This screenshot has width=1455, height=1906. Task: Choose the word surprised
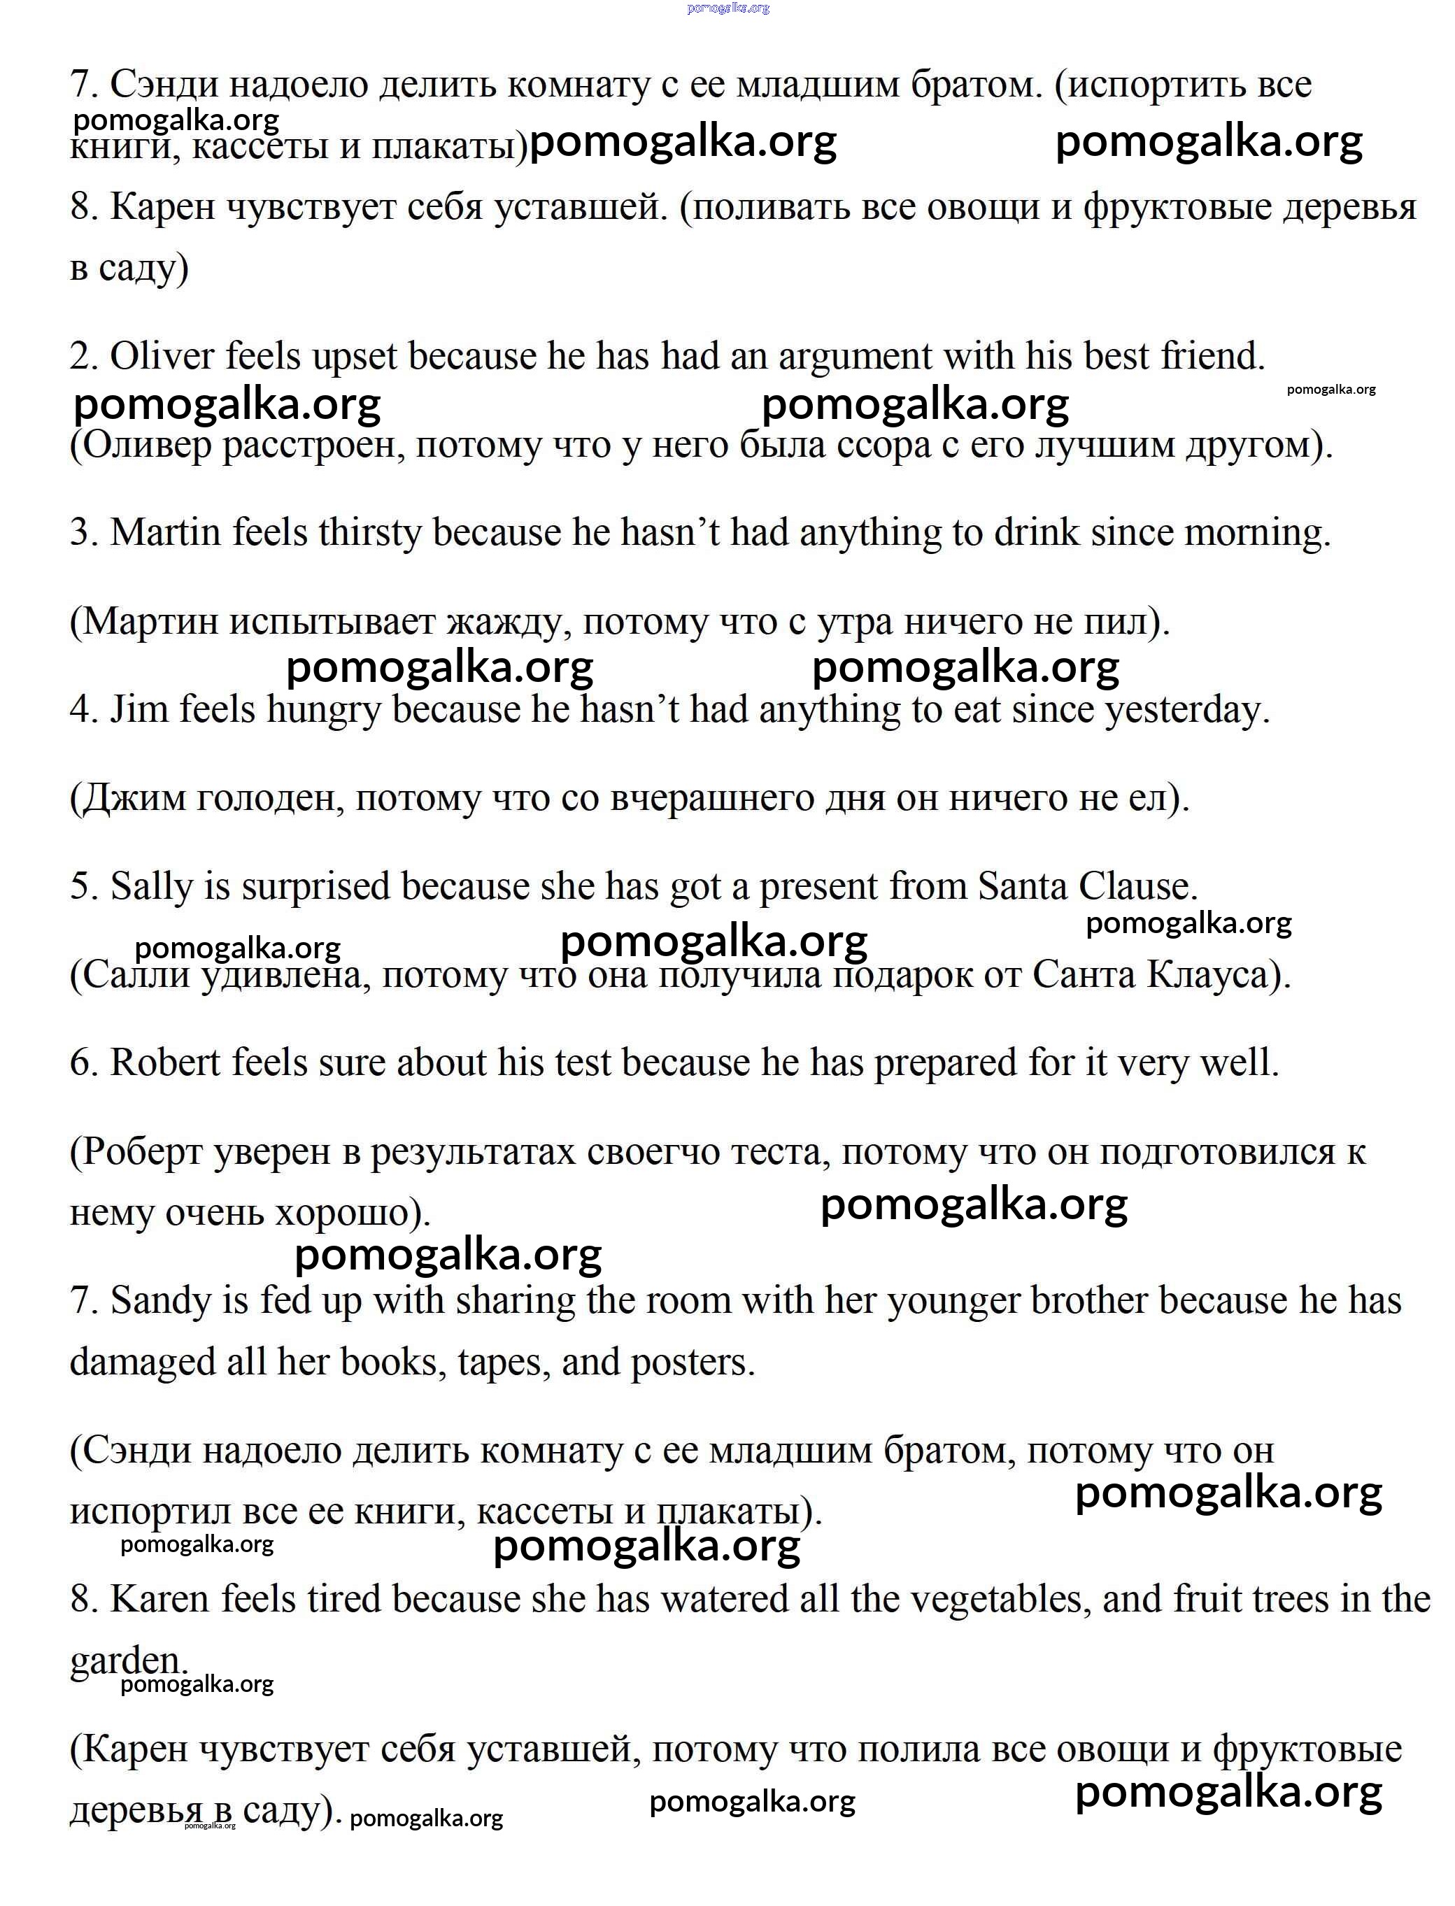click(316, 887)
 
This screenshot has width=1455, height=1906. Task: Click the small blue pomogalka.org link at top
click(727, 8)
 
